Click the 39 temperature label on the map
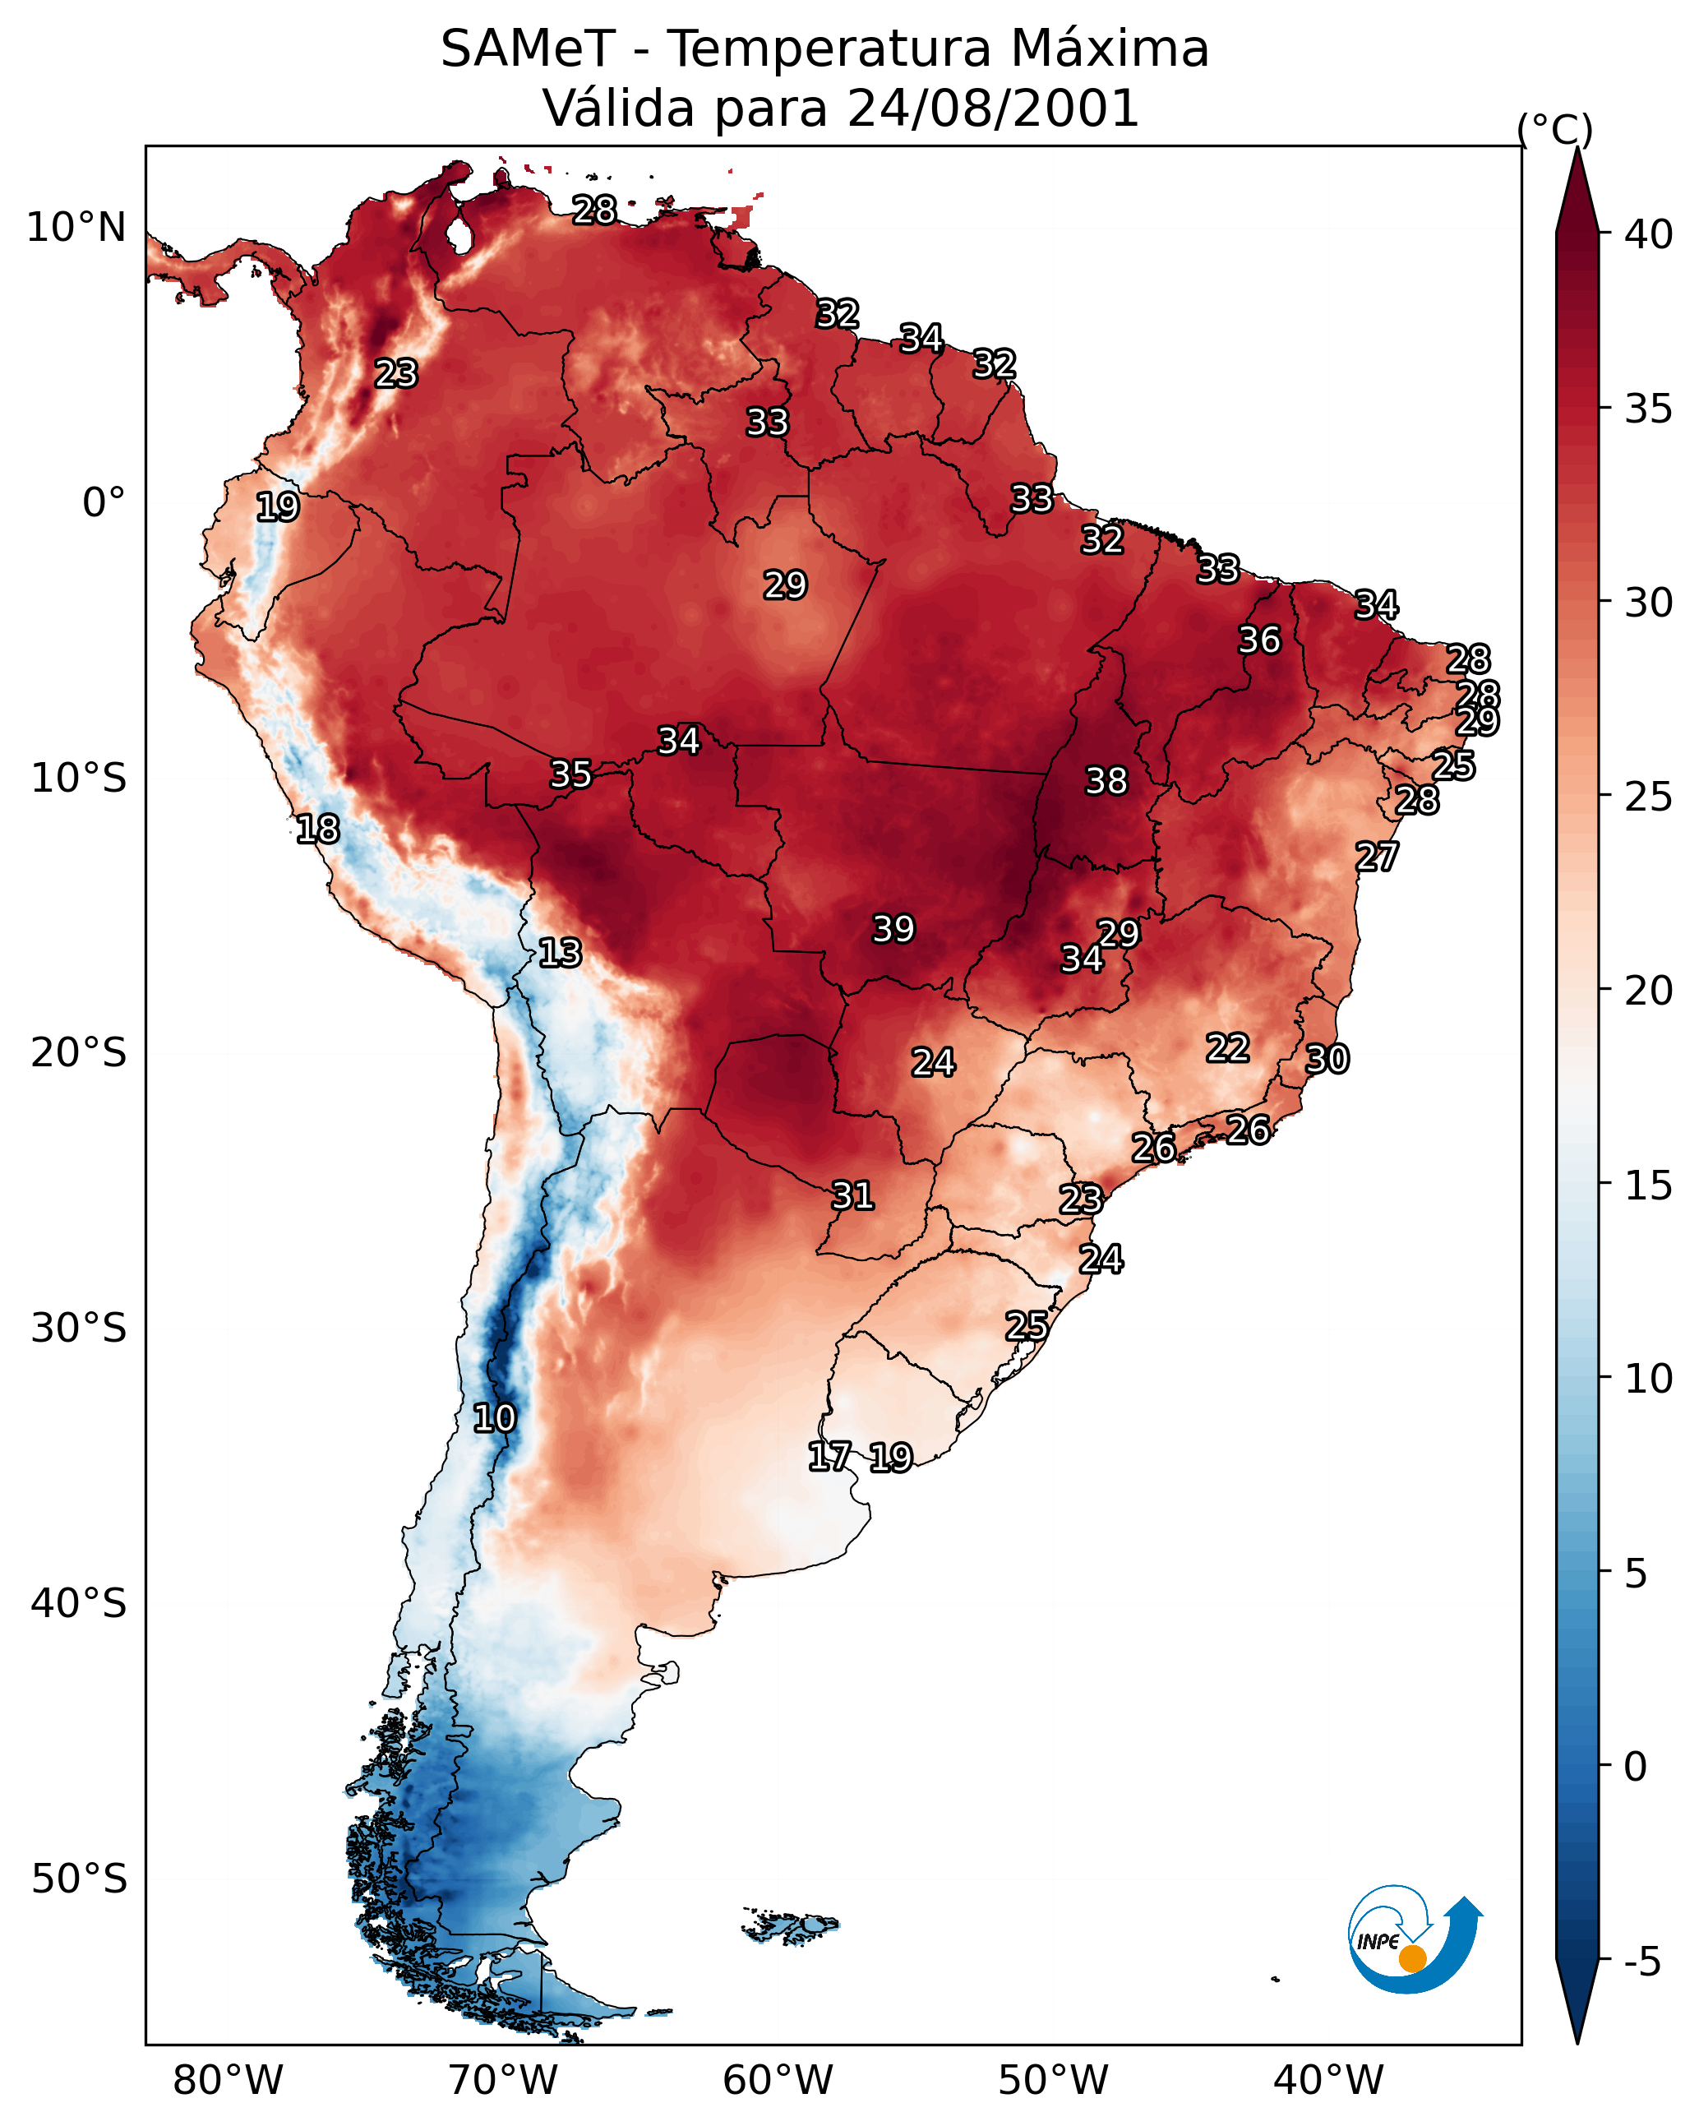tap(893, 928)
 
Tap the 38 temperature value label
tap(1106, 780)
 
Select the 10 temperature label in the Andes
tap(494, 1417)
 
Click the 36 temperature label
tap(1259, 639)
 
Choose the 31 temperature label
tap(853, 1195)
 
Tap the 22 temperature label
tap(1228, 1047)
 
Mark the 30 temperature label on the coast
tap(1327, 1058)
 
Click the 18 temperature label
tap(317, 829)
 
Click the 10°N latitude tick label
tap(76, 227)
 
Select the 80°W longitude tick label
tap(228, 2080)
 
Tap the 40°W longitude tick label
tap(1328, 2080)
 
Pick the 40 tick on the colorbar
tap(1649, 234)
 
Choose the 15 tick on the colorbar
tap(1649, 1185)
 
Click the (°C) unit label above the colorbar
tap(1555, 128)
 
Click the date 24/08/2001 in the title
tap(993, 108)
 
